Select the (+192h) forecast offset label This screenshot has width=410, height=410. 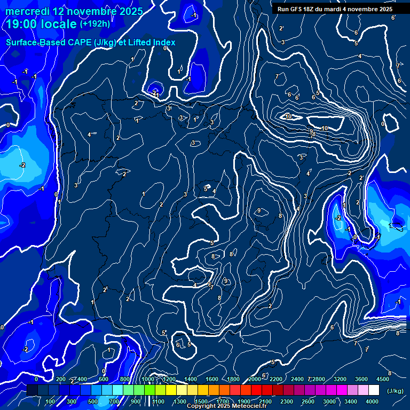pyautogui.click(x=94, y=24)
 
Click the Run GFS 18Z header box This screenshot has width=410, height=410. pyautogui.click(x=335, y=9)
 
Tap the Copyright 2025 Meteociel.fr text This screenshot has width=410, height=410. pyautogui.click(x=226, y=406)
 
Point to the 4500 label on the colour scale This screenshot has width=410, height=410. pyautogui.click(x=383, y=379)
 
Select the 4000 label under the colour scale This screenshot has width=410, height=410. pyautogui.click(x=372, y=401)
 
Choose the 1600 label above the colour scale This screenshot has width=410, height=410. pyautogui.click(x=211, y=379)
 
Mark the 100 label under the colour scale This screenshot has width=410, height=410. pyautogui.click(x=50, y=401)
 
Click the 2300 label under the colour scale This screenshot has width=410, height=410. pyautogui.click(x=287, y=401)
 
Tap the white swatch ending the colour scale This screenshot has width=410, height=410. pyautogui.click(x=374, y=390)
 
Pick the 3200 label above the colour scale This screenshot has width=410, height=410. pyautogui.click(x=340, y=379)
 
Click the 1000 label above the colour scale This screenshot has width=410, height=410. pyautogui.click(x=147, y=379)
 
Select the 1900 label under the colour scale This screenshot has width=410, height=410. pyautogui.click(x=244, y=401)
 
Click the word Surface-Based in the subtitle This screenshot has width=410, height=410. pyautogui.click(x=32, y=42)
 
